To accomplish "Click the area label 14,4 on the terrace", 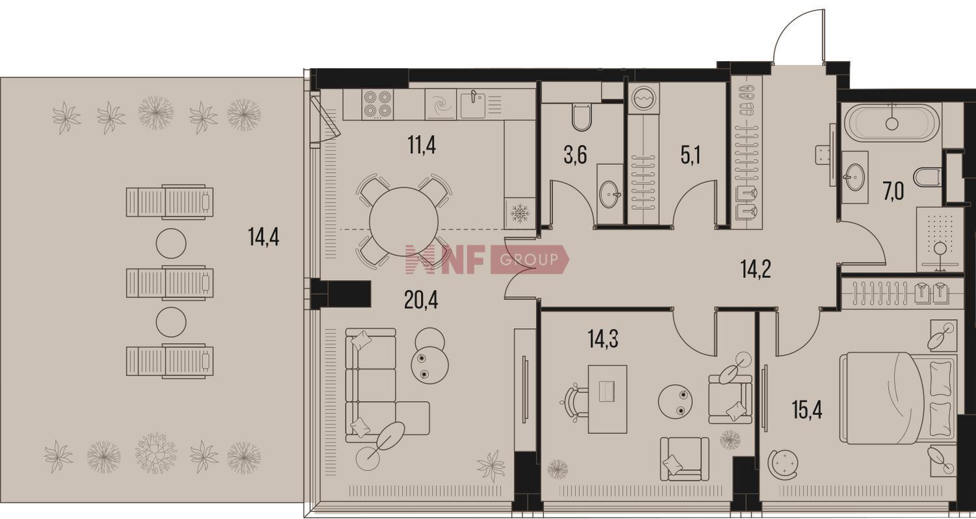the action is pos(264,238).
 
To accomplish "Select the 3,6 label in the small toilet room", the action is pos(575,155).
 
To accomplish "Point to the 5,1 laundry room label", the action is pos(690,155).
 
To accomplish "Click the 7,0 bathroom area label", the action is pos(893,191).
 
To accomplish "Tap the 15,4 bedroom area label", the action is pos(807,410).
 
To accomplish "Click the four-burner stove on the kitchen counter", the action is pos(377,104).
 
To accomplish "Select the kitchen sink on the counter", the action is pos(473,105).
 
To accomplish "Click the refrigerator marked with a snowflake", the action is pos(520,214).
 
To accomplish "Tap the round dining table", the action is pos(404,222).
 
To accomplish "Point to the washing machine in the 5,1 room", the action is pos(644,98).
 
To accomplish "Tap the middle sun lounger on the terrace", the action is pos(170,282).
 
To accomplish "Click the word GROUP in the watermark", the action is pos(529,260).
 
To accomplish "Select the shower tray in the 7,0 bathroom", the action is pos(940,240).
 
